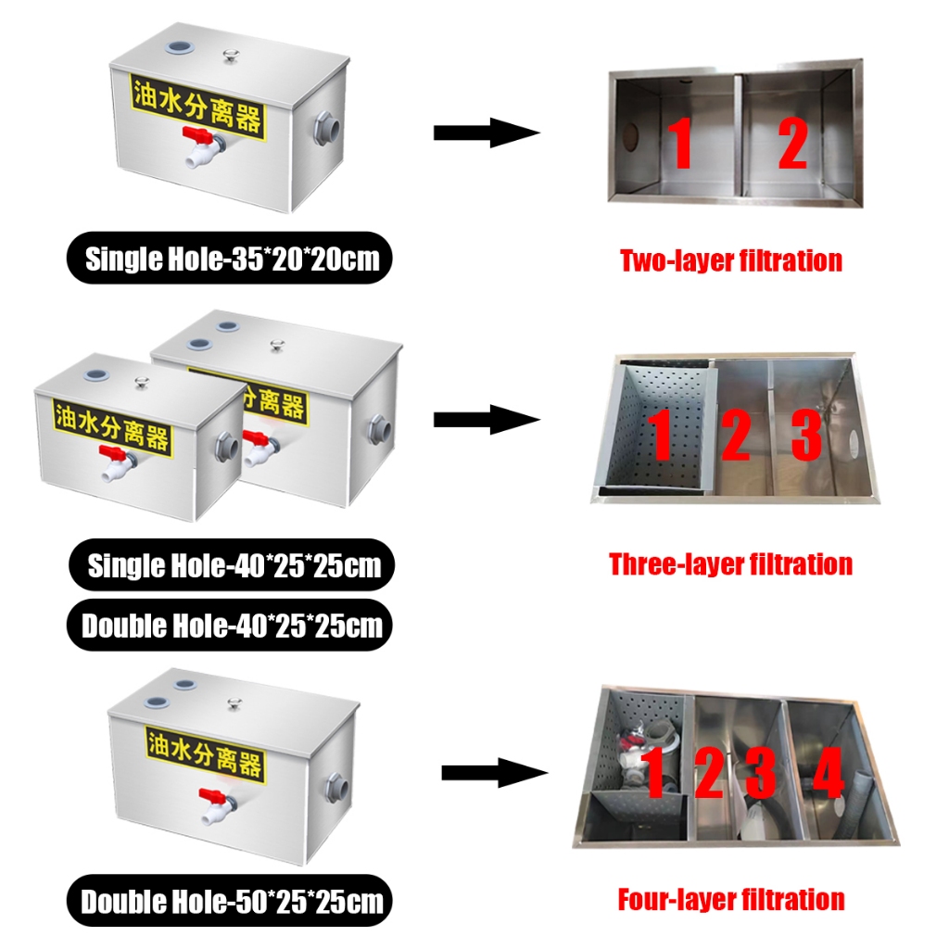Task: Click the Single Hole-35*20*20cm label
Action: (233, 258)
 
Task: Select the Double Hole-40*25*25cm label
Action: (232, 626)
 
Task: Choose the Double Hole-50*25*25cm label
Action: (232, 901)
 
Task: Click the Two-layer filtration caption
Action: (730, 260)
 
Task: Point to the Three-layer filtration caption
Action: (730, 563)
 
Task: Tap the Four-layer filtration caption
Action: (730, 899)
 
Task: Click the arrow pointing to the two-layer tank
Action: (486, 133)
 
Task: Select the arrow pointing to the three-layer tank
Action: (486, 420)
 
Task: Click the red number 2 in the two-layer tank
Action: (792, 144)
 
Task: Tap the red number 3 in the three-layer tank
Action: (805, 435)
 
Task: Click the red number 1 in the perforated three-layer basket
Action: (660, 435)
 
